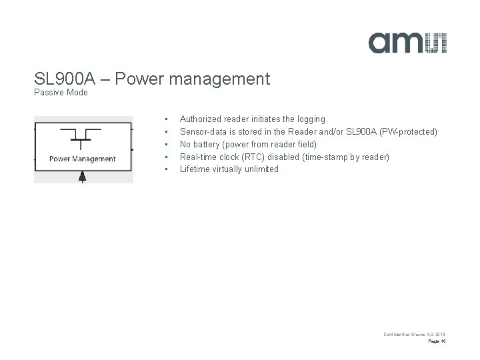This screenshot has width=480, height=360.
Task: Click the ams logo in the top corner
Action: [x=408, y=42]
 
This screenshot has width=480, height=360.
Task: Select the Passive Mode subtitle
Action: [x=61, y=93]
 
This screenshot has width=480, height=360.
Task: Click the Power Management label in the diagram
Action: [x=83, y=159]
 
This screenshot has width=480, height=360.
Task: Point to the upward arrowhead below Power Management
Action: [x=83, y=175]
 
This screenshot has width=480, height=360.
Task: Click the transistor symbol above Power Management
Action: [x=82, y=137]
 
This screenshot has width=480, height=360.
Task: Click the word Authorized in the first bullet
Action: [x=200, y=119]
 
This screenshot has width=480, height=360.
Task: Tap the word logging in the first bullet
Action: [x=310, y=119]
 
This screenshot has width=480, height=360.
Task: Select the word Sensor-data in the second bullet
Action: [x=203, y=132]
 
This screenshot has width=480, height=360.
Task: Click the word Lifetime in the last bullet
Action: [x=195, y=169]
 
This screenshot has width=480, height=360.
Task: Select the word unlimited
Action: [x=261, y=169]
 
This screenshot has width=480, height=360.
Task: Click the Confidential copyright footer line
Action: [x=413, y=333]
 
